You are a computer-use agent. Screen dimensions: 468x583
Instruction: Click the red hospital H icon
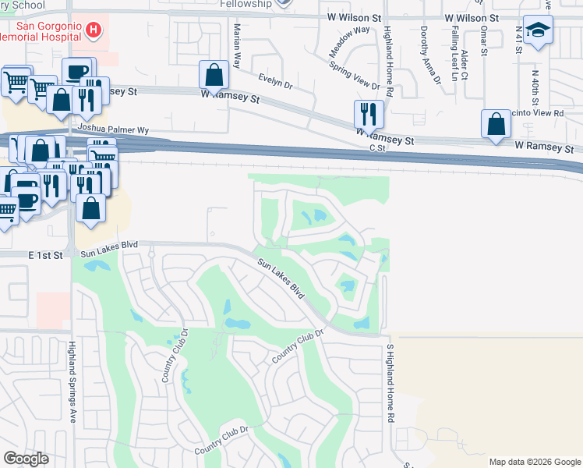(94, 30)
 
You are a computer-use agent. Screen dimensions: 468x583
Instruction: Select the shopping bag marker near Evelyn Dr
(214, 76)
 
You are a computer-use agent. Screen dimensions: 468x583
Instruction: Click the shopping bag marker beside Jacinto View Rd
(496, 124)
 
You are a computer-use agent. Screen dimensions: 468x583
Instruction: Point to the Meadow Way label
(350, 41)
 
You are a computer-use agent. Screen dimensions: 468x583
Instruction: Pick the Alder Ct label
(465, 65)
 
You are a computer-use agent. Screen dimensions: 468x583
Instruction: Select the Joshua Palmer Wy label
(112, 129)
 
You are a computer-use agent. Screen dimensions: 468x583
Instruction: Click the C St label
(378, 147)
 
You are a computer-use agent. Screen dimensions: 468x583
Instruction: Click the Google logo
(26, 459)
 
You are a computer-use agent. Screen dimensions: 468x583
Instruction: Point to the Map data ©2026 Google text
(535, 462)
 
